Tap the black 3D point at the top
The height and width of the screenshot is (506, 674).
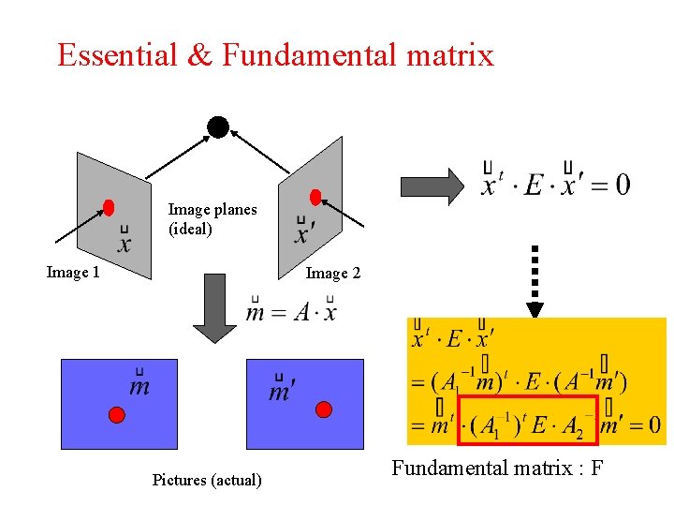coord(218,126)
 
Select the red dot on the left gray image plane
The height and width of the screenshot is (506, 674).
coord(109,207)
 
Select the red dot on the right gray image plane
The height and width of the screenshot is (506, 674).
coord(315,197)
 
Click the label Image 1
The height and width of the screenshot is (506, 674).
coord(73,273)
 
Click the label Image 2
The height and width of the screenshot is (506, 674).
coord(332,274)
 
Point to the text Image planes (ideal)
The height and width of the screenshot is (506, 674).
coord(212,218)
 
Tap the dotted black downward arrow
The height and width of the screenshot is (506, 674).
coord(535,280)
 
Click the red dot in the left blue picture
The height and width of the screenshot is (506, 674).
coord(116,414)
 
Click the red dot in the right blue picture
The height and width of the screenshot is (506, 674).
coord(324,409)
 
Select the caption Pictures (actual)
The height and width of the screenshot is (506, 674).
coord(207,480)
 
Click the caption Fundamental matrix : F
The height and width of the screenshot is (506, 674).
coord(497,467)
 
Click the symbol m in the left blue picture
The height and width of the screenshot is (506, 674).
coord(139,385)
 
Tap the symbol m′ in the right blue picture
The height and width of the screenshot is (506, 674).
coord(280,391)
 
